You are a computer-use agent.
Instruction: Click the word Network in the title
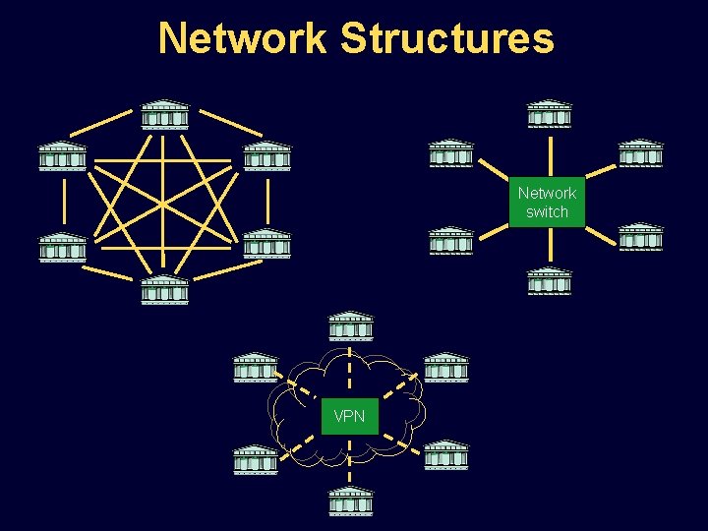tap(242, 38)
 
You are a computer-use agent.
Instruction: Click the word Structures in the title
tap(446, 38)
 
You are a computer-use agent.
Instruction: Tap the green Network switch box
tap(547, 203)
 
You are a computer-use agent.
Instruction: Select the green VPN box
tap(349, 416)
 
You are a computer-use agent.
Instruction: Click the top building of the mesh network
tap(164, 114)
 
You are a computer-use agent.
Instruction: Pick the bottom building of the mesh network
tap(164, 290)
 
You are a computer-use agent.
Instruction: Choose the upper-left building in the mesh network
tap(62, 156)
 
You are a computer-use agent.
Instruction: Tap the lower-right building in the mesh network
tap(266, 244)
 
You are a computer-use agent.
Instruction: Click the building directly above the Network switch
tap(549, 114)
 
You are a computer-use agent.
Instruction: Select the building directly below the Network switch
tap(549, 281)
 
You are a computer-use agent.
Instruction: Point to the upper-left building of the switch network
tap(451, 153)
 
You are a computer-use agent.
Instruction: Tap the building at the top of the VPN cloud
tap(350, 327)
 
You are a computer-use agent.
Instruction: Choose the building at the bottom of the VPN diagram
tap(350, 501)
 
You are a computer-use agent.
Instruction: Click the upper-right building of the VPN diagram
tap(445, 367)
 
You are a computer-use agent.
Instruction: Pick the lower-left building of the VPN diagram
tap(255, 459)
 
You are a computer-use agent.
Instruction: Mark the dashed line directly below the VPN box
tap(350, 457)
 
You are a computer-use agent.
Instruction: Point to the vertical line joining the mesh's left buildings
tap(62, 201)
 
